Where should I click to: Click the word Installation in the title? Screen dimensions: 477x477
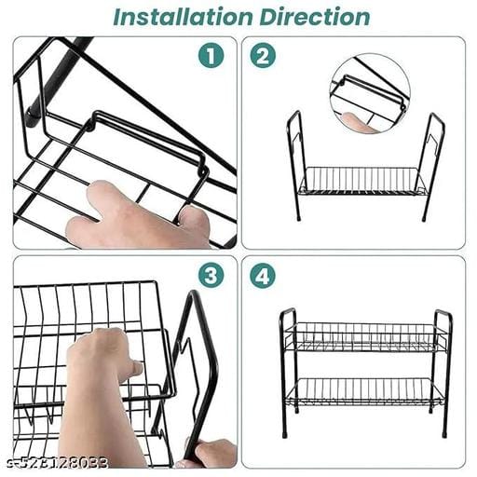coord(183,17)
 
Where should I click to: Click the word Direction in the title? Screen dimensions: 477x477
coord(315,17)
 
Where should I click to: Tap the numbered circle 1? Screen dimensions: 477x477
coord(211,56)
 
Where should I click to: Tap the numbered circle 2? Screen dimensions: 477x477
coord(263,56)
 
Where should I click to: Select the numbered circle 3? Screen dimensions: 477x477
coord(211,275)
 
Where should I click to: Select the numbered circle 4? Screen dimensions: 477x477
coord(263,275)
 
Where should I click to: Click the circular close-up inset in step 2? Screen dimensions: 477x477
coord(370,93)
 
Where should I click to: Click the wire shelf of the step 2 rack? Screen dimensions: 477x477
coord(361,182)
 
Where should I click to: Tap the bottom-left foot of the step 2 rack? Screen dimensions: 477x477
coord(299,217)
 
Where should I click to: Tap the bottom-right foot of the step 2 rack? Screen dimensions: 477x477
coord(424,217)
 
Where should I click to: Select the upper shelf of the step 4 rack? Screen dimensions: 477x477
coord(366,337)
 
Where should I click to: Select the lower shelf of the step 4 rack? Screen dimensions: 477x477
coord(366,393)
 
